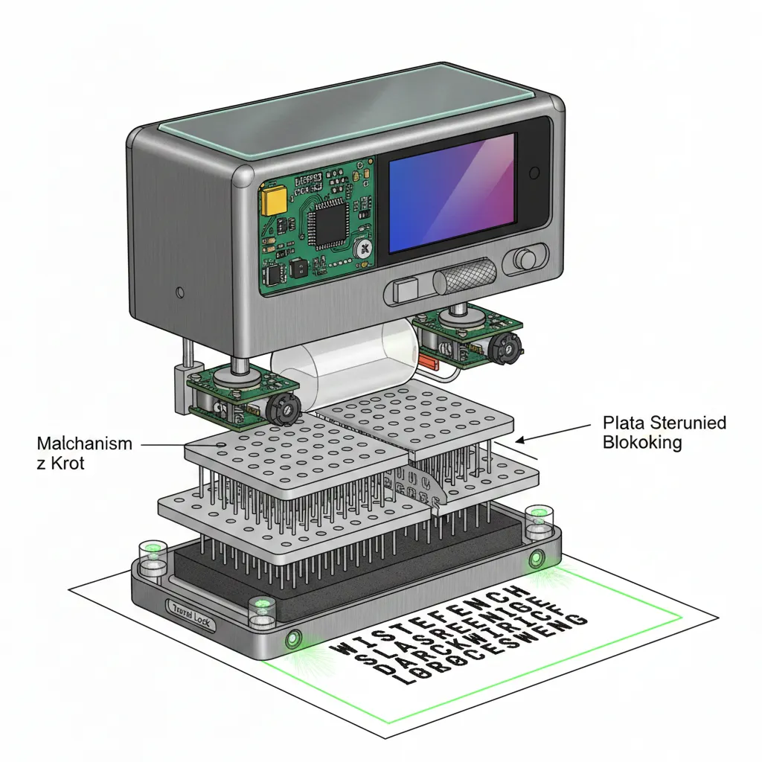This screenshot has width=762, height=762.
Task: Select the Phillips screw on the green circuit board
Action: pos(364,249)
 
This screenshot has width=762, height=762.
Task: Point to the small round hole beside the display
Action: pos(533,173)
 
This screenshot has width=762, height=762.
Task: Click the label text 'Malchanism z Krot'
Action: pos(84,452)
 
